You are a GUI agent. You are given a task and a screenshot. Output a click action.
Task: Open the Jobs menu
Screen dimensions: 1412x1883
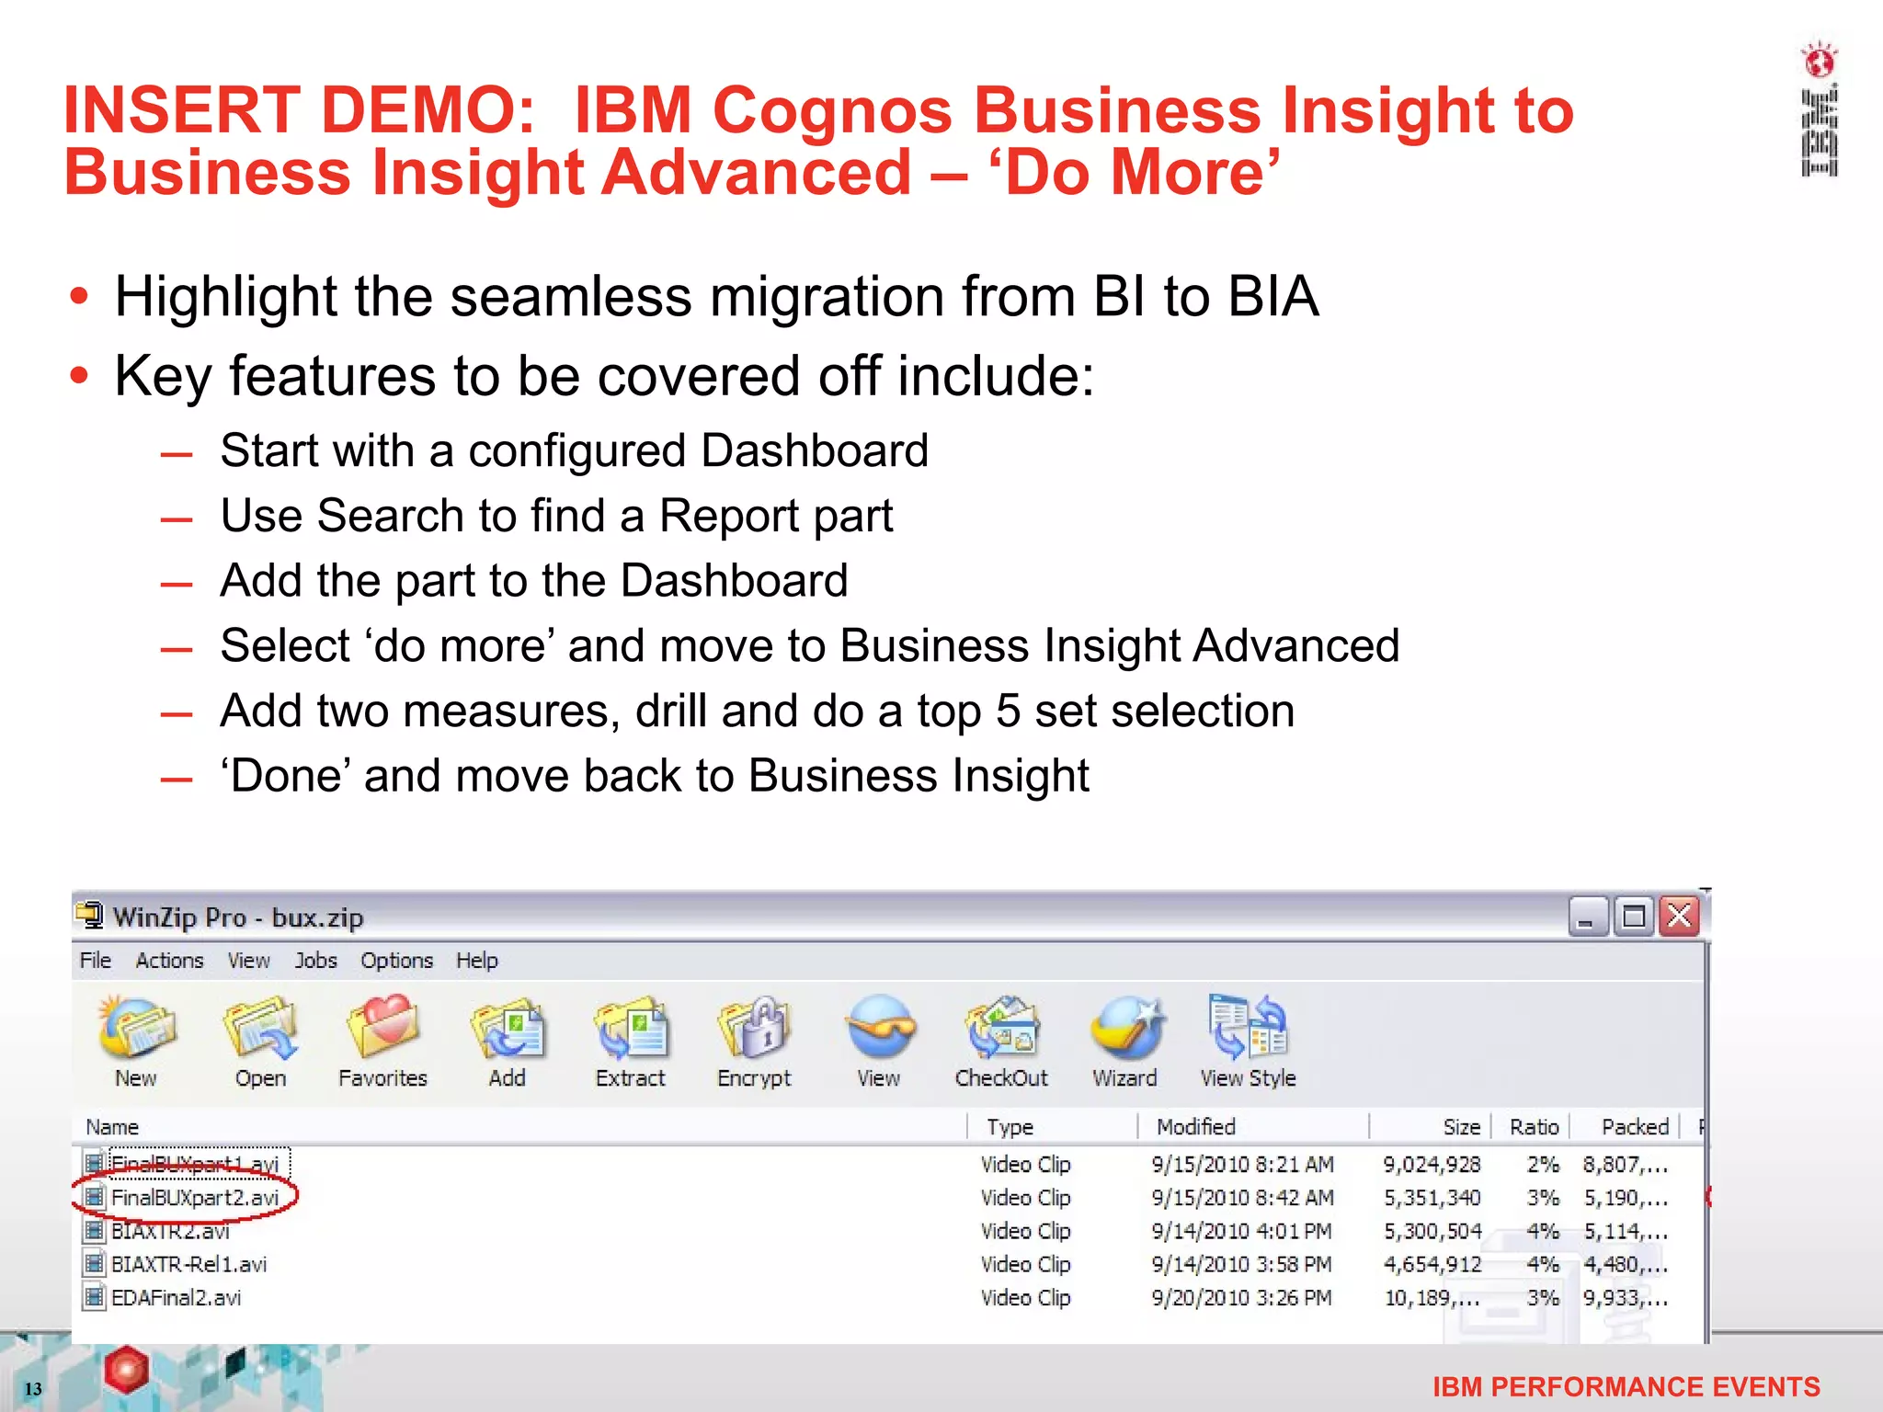pos(315,961)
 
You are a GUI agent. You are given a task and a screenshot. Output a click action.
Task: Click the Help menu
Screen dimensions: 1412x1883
pos(476,961)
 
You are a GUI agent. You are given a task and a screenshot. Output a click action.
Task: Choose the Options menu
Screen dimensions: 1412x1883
pos(396,961)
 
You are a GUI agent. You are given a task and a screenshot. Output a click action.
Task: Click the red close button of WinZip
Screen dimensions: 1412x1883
pos(1680,917)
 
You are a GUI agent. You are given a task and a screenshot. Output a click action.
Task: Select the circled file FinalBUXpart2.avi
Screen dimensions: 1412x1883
pos(194,1198)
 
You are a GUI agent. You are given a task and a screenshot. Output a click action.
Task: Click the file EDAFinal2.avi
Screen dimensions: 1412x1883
pos(176,1298)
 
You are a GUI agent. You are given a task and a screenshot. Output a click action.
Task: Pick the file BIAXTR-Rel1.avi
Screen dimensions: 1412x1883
pos(188,1265)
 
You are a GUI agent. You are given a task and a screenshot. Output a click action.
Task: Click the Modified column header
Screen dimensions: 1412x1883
pos(1195,1127)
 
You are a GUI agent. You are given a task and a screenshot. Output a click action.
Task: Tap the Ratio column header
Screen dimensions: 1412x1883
pos(1534,1127)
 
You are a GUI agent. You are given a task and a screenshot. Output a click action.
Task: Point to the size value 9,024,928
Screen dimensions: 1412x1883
pos(1432,1165)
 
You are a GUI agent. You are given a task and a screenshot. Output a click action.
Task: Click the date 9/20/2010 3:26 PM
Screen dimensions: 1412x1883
pos(1241,1298)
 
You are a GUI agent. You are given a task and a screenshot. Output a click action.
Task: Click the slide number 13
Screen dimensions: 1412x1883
pos(33,1388)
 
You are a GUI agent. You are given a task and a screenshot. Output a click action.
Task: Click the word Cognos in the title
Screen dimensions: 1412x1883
pos(831,111)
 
